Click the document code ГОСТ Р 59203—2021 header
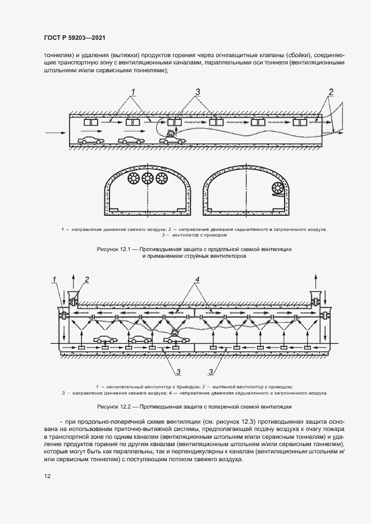[x=75, y=38]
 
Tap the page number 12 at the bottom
[x=47, y=476]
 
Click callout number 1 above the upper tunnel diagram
[x=134, y=91]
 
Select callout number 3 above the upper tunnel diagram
[x=198, y=91]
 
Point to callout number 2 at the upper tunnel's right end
[x=331, y=91]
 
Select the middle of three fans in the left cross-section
[x=148, y=179]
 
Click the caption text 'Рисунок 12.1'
[x=116, y=248]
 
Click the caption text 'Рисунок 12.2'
[x=117, y=407]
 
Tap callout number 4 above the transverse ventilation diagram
[x=198, y=279]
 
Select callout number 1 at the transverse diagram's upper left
[x=54, y=279]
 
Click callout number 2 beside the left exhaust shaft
[x=86, y=279]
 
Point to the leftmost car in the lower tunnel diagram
[x=105, y=339]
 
